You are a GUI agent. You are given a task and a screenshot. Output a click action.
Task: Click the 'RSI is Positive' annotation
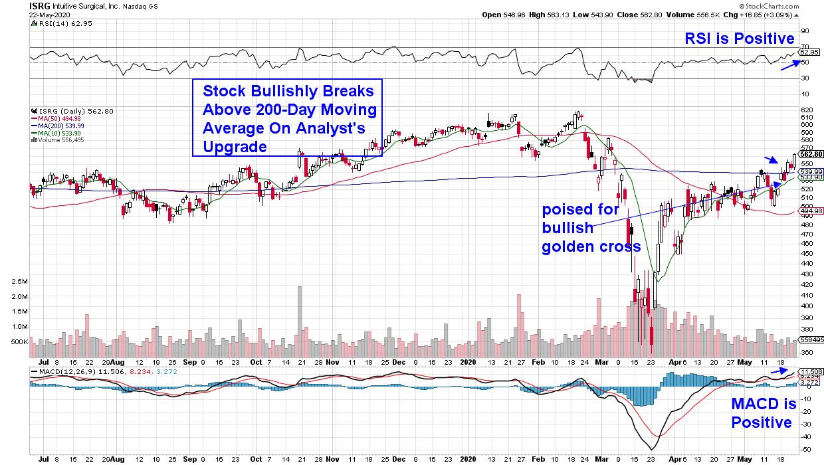click(x=740, y=39)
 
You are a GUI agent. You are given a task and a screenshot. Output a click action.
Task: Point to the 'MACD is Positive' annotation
click(x=762, y=413)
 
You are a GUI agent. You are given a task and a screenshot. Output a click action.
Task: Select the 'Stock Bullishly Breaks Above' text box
click(x=288, y=118)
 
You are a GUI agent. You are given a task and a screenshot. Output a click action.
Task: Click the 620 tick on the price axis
click(x=806, y=110)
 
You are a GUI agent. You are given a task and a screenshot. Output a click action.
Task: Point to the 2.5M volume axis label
click(x=19, y=282)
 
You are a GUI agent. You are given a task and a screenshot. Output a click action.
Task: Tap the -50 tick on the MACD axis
click(x=805, y=449)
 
